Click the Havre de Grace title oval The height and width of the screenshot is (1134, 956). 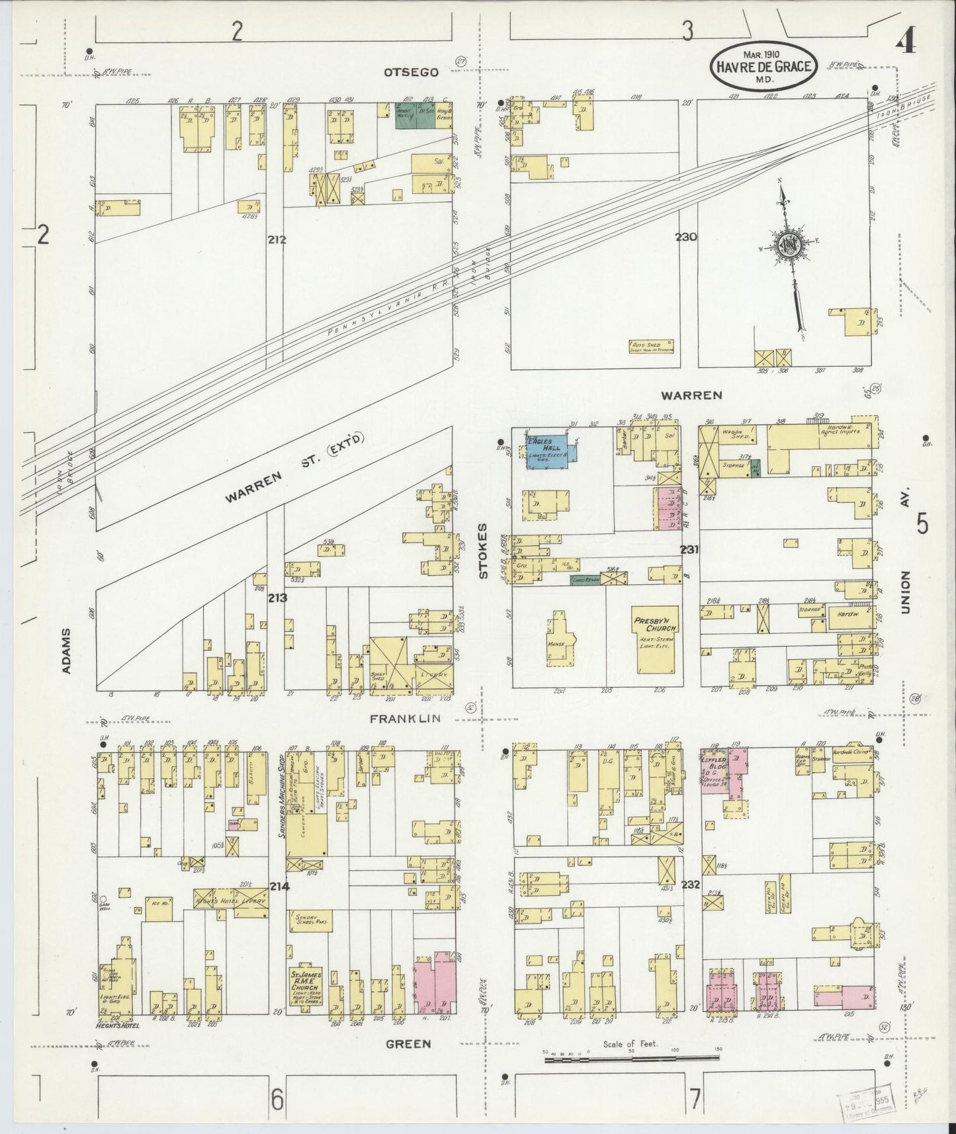point(763,67)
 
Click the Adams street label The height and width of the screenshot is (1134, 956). point(66,651)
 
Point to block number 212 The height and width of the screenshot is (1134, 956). point(277,240)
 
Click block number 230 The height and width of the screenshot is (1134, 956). point(686,236)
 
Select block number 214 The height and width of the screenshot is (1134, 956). point(279,887)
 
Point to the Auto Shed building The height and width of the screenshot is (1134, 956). point(651,346)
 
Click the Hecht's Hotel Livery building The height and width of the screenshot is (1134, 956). point(230,900)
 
